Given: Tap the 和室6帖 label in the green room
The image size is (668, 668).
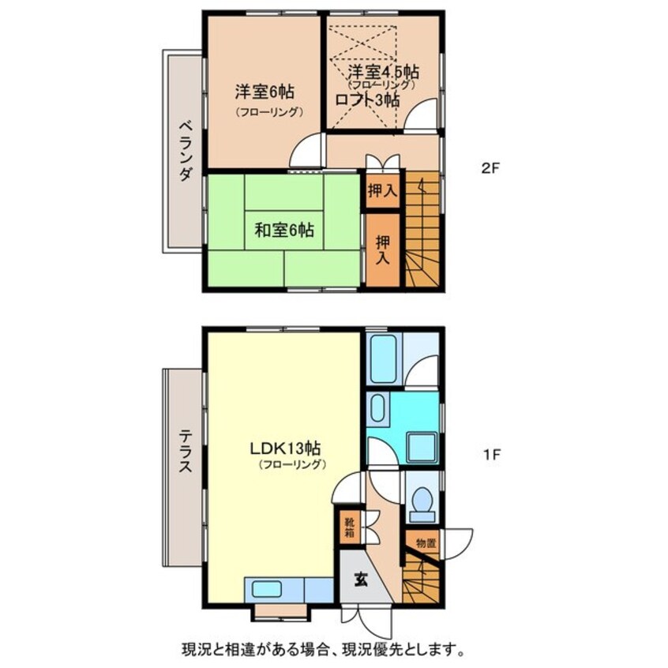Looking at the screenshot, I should pos(284,231).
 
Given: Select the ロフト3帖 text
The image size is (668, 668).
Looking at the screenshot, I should pos(367,100).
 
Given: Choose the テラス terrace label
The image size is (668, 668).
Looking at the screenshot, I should pos(184,450).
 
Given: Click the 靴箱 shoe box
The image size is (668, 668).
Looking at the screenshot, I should pos(348,527).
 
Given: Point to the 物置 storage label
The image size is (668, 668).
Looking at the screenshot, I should pos(426,543).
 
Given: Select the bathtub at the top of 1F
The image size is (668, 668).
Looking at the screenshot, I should pos(384,358).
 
